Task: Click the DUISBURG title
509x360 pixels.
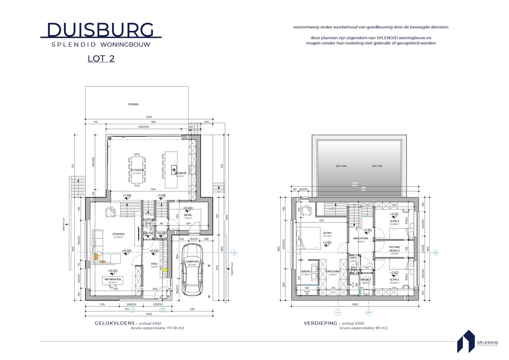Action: pyautogui.click(x=100, y=30)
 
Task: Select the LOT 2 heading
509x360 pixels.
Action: pyautogui.click(x=101, y=58)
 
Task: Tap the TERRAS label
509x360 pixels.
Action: pyautogui.click(x=133, y=104)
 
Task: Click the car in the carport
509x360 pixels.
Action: pyautogui.click(x=192, y=269)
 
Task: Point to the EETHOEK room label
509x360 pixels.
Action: pyautogui.click(x=137, y=170)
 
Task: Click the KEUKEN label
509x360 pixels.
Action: pyautogui.click(x=180, y=173)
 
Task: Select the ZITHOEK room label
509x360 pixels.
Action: pyautogui.click(x=118, y=234)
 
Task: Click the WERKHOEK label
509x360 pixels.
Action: pyautogui.click(x=113, y=279)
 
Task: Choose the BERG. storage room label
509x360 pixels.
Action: pyautogui.click(x=188, y=215)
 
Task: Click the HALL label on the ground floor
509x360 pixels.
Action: pyautogui.click(x=154, y=264)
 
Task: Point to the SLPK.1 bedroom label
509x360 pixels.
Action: pyautogui.click(x=327, y=233)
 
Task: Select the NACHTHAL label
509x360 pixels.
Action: pyautogui.click(x=361, y=238)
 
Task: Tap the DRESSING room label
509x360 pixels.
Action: pyautogui.click(x=333, y=271)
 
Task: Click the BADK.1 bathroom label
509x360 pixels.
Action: pyautogui.click(x=306, y=271)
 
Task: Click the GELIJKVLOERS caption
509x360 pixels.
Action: pyautogui.click(x=114, y=323)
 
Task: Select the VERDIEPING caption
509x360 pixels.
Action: pyautogui.click(x=320, y=323)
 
